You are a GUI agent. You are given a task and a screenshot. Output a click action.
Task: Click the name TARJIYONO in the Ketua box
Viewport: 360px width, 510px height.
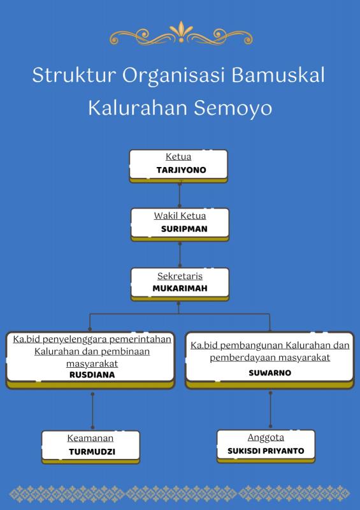point(181,170)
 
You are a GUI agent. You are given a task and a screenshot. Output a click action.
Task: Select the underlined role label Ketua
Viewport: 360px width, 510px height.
point(178,157)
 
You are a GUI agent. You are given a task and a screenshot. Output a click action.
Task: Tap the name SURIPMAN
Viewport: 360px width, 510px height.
point(184,229)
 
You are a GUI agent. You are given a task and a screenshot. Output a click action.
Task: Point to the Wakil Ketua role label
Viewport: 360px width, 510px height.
point(180,215)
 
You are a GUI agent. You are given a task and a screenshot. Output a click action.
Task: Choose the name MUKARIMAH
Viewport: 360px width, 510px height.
point(180,289)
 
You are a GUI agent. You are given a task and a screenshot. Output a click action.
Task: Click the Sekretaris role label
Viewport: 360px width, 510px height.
point(180,276)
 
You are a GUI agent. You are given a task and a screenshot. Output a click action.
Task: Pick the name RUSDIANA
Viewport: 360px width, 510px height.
point(92,375)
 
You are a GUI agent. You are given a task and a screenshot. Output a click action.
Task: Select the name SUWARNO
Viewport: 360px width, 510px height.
point(270,373)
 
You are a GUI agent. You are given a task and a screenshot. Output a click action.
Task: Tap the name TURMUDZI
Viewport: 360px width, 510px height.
point(92,452)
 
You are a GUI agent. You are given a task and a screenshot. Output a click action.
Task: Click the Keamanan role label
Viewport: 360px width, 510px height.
point(90,438)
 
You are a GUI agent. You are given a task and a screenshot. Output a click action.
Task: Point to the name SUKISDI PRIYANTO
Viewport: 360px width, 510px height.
point(266,451)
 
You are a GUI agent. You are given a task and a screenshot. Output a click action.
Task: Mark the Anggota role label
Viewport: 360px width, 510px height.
point(266,438)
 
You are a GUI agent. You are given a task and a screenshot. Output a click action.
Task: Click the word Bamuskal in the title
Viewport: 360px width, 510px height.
point(278,75)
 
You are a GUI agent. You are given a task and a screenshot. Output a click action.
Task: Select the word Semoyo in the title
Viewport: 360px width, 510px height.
point(233,108)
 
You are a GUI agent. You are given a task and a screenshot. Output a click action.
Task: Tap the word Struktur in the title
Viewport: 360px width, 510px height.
point(74,75)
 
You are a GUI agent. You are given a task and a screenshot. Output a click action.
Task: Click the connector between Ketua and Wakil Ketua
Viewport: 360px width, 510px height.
point(180,195)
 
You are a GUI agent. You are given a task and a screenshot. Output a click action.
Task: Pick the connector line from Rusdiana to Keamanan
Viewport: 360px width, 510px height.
point(92,411)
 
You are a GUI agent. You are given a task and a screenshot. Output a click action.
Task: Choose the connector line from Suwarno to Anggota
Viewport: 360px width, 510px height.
point(270,409)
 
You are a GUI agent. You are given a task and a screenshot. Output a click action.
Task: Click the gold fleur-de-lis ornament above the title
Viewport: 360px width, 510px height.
point(181,33)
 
